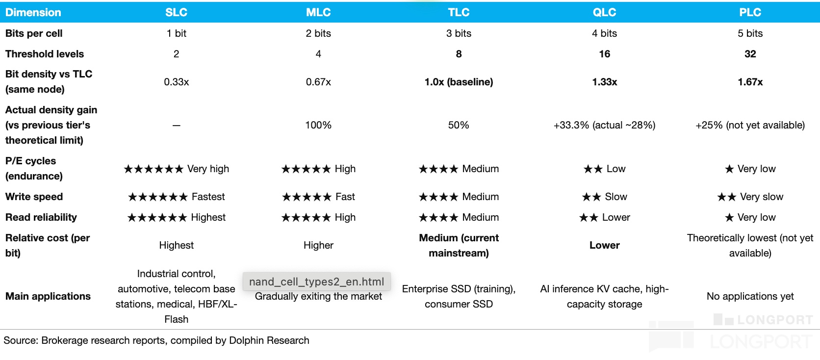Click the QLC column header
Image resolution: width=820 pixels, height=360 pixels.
pos(604,12)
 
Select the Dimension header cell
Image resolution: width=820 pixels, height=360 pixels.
pos(33,12)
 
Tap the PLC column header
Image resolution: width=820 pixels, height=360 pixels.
pos(750,12)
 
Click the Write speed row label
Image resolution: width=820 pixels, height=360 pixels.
pos(34,197)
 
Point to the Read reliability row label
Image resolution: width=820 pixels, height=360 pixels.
pos(41,217)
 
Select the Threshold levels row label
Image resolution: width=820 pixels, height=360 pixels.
pos(45,54)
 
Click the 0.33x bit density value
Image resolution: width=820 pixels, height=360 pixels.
pos(177,82)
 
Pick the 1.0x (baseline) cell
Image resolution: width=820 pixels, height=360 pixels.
pos(459,82)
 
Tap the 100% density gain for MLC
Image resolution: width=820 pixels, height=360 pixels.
pos(318,125)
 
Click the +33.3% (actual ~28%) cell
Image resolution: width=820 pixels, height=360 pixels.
pos(604,125)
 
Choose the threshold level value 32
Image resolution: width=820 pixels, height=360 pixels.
pos(750,54)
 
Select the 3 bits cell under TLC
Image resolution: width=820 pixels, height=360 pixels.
pos(459,33)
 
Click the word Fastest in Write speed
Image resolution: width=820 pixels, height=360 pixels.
pos(208,197)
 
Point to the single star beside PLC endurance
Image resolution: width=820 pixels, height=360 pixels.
pos(729,169)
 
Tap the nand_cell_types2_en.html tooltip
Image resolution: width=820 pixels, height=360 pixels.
pos(317,282)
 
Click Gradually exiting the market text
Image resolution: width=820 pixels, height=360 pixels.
pos(318,296)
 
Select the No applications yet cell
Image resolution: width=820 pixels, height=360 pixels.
pos(750,296)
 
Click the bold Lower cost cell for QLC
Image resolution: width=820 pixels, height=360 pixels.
pos(604,245)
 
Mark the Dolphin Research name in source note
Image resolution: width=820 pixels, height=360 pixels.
pos(269,340)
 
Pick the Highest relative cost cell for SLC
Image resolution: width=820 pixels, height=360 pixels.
pos(177,245)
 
